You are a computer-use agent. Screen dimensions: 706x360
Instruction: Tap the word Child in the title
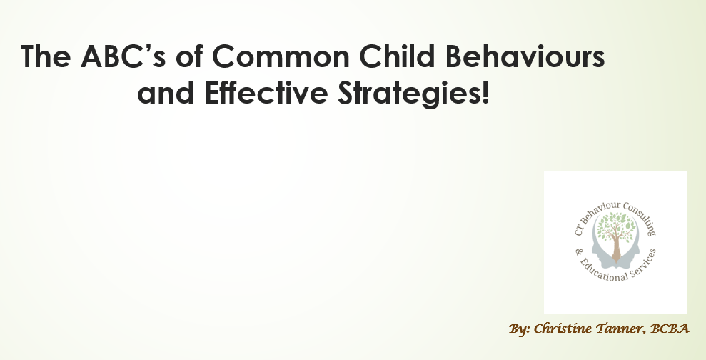(398, 56)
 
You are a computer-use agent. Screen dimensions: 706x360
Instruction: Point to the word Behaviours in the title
(525, 56)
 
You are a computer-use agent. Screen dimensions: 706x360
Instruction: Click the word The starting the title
(46, 56)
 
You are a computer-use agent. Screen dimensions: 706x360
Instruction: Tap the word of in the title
(188, 56)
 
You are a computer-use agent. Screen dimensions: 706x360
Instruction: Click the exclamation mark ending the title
(485, 92)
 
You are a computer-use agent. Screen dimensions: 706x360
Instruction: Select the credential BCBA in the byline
(670, 329)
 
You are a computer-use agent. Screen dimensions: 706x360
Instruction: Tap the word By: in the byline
(520, 329)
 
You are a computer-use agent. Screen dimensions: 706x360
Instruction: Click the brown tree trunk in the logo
(616, 248)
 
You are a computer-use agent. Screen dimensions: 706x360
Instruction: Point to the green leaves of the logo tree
(616, 225)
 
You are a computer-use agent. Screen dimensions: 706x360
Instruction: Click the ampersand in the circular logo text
(579, 251)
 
